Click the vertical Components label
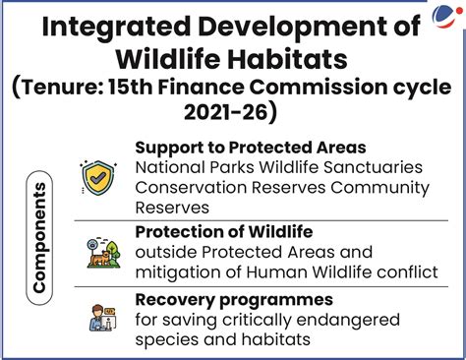40,237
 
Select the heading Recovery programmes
234,299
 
